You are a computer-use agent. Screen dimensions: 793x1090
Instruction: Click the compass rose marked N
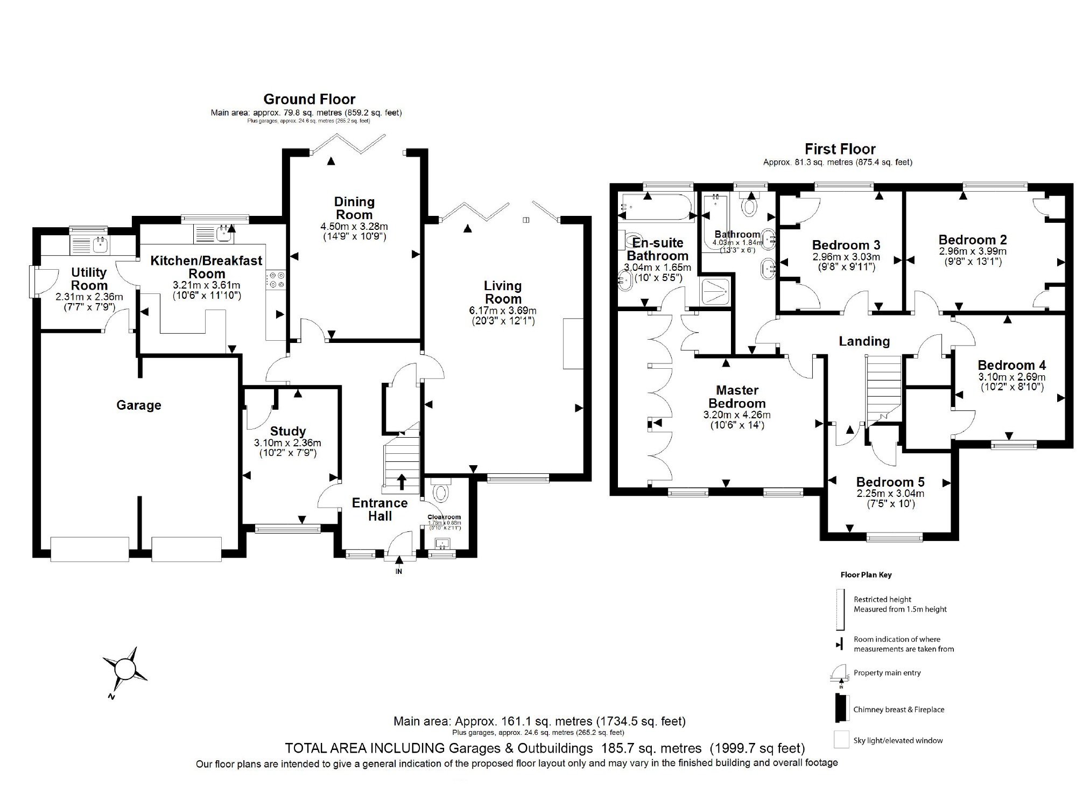point(125,670)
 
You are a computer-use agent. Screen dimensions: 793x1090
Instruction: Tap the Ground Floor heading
point(309,99)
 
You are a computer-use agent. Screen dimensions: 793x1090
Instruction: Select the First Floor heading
point(840,149)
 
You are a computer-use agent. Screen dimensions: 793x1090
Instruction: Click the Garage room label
point(139,405)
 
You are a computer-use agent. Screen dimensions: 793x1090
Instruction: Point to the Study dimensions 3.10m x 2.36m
point(287,443)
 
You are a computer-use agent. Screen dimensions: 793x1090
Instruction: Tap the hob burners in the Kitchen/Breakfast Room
point(277,280)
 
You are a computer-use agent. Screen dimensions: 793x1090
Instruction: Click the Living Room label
point(502,292)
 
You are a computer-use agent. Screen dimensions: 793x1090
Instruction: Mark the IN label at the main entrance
point(399,571)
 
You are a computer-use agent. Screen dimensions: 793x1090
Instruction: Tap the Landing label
point(864,341)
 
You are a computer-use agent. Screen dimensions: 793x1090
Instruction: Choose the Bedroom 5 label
point(890,482)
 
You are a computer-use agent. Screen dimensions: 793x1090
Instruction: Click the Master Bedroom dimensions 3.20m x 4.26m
point(736,415)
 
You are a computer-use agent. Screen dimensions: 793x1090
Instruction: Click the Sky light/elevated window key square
point(841,740)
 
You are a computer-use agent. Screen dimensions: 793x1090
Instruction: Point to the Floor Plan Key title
point(866,574)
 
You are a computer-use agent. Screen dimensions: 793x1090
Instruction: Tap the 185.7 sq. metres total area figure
point(649,748)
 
